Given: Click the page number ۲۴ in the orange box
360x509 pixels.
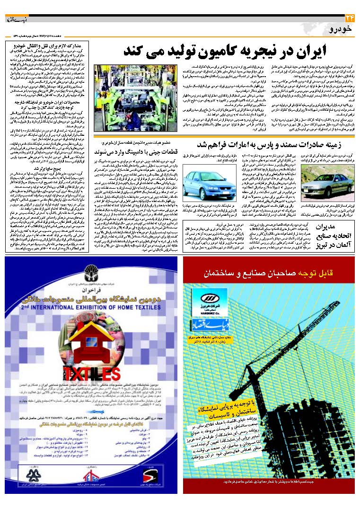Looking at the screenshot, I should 350,18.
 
